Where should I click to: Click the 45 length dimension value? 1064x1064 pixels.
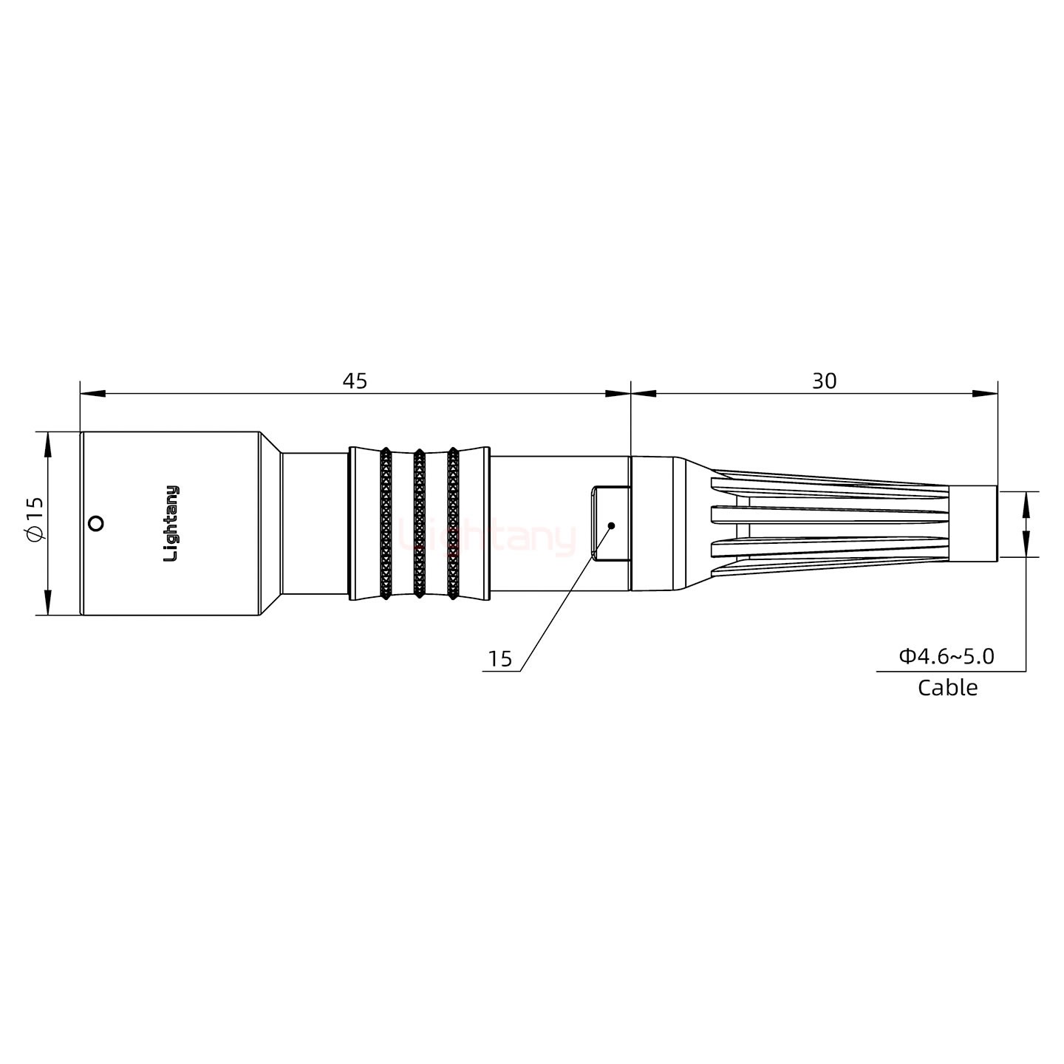click(x=355, y=381)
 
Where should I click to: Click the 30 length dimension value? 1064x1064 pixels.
click(x=824, y=381)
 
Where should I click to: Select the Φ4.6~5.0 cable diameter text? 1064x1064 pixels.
click(x=946, y=656)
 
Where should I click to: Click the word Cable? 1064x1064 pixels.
click(x=947, y=688)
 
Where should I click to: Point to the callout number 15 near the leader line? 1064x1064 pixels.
click(x=500, y=659)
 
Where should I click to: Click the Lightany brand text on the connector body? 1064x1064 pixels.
click(x=171, y=523)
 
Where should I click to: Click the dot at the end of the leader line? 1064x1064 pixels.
click(x=611, y=525)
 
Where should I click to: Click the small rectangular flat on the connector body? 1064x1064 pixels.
click(x=610, y=523)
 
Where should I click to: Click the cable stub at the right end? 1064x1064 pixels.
click(x=972, y=524)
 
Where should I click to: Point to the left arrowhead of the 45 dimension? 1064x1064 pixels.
click(x=92, y=394)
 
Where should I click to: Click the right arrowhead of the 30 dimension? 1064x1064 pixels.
click(x=984, y=394)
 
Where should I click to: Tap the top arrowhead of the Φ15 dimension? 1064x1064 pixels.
click(x=48, y=444)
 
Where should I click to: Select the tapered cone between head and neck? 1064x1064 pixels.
click(x=270, y=523)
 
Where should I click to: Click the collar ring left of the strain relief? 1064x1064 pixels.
click(x=651, y=524)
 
